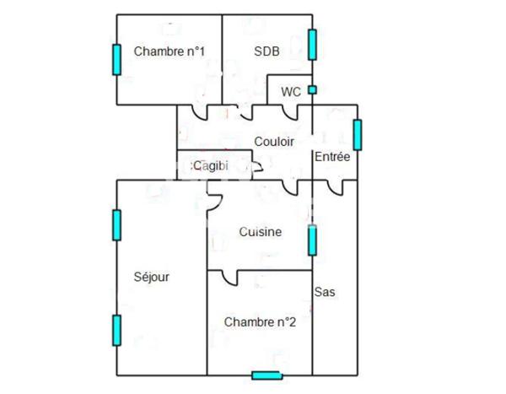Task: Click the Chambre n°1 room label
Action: (170, 52)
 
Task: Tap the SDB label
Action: (266, 51)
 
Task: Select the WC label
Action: (290, 91)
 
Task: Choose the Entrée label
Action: (331, 157)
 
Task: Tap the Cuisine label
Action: (260, 232)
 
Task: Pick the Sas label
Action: (325, 293)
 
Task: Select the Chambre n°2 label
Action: (259, 321)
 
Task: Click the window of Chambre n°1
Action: (116, 59)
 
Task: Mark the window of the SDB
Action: (312, 45)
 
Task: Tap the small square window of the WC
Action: (312, 89)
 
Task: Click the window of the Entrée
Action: (358, 135)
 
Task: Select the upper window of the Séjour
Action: (116, 224)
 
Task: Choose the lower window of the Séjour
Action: (116, 329)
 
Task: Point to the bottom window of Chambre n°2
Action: (266, 375)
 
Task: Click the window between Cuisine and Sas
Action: (312, 240)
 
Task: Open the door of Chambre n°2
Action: (229, 277)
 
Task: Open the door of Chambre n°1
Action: (200, 112)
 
